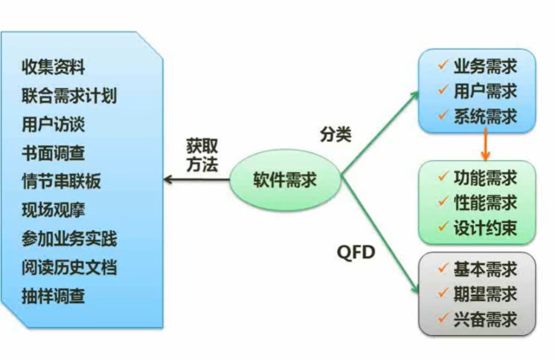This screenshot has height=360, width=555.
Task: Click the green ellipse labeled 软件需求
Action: [285, 181]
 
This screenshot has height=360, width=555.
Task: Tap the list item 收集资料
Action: [54, 68]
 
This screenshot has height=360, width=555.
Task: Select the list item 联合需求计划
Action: [69, 96]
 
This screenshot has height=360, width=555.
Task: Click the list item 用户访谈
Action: [54, 124]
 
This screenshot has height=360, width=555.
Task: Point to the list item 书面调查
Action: [54, 153]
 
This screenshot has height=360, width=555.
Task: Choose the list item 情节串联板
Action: [62, 181]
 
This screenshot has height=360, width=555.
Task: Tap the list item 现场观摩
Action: [54, 210]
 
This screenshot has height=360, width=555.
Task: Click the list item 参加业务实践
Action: [69, 239]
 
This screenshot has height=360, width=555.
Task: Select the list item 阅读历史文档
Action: [69, 268]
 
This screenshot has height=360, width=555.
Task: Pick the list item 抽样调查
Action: [54, 296]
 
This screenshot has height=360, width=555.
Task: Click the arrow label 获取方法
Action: [202, 156]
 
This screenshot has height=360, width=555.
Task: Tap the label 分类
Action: [336, 135]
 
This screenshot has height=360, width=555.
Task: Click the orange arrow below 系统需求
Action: [485, 144]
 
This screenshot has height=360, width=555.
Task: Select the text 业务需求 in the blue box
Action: [485, 67]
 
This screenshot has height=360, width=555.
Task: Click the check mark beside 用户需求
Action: [443, 91]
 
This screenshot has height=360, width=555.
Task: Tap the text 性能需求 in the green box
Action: [485, 202]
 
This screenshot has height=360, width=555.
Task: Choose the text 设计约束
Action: [485, 227]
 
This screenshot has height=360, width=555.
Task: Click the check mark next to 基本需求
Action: [443, 269]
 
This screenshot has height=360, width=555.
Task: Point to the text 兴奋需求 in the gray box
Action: [485, 321]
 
